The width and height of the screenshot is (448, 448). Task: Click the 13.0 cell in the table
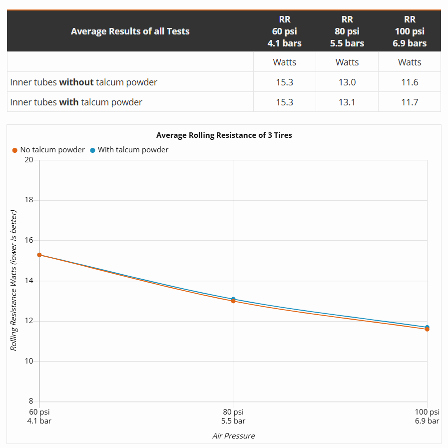(347, 82)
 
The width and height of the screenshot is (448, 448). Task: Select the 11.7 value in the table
(410, 102)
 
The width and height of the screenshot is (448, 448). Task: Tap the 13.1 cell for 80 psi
(347, 102)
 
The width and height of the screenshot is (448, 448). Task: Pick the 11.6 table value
(410, 82)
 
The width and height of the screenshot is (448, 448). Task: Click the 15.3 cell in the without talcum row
(285, 82)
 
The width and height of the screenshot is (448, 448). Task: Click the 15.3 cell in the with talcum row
(285, 102)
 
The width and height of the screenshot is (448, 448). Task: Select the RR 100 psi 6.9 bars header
(410, 31)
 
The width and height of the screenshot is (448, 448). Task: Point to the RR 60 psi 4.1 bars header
(285, 31)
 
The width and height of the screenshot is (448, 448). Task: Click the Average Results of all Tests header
(130, 31)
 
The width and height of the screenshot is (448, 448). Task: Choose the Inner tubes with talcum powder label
(76, 102)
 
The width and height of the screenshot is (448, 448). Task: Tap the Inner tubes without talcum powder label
(83, 82)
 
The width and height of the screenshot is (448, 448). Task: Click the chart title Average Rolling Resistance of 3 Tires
(224, 135)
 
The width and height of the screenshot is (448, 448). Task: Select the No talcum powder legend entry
(48, 150)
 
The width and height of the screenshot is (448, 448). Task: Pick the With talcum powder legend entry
(129, 150)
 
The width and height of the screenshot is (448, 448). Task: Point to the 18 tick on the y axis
(29, 200)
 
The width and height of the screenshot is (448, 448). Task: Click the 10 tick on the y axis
(29, 361)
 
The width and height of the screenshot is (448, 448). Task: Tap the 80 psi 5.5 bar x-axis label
(233, 416)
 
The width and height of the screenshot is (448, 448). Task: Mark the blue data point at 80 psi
(233, 299)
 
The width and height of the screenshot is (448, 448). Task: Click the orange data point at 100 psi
(427, 329)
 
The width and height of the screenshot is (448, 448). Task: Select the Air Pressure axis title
(233, 436)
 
